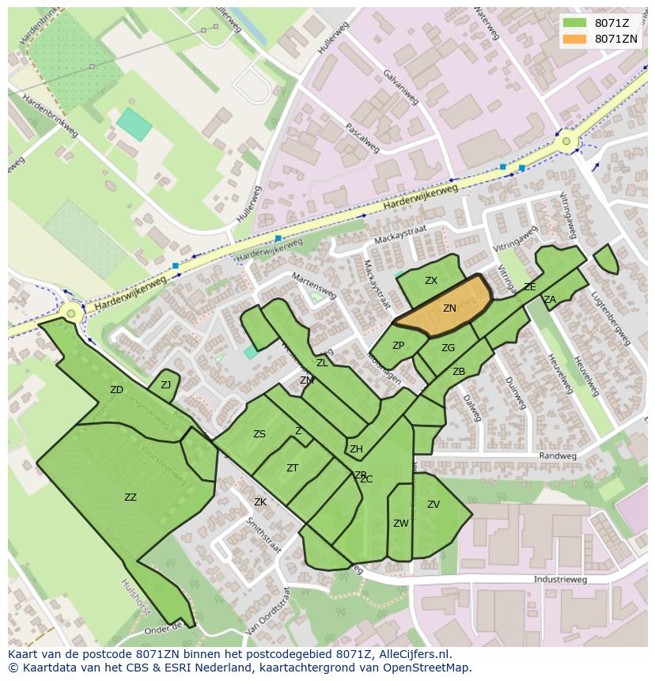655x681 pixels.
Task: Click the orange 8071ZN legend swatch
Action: point(575,39)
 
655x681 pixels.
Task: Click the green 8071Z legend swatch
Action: point(575,23)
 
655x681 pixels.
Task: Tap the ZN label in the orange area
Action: point(449,308)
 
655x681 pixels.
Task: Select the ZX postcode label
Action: point(430,281)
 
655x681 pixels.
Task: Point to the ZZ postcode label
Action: point(131,498)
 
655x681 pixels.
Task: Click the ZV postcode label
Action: point(433,505)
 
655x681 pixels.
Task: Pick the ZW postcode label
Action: point(400,524)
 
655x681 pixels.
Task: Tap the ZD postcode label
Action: point(116,390)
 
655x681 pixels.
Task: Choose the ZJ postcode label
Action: point(165,385)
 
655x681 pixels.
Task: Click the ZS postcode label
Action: point(259,434)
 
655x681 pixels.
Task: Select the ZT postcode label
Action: point(292,468)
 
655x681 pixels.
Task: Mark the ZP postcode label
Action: point(398,346)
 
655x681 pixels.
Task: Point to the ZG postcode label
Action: point(448,348)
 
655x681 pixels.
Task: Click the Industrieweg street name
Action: point(560,580)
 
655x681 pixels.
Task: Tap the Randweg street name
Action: point(553,456)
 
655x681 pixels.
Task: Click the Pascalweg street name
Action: point(363,138)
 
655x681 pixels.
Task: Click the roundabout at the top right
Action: point(566,142)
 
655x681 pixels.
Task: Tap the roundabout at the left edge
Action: point(72,314)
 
